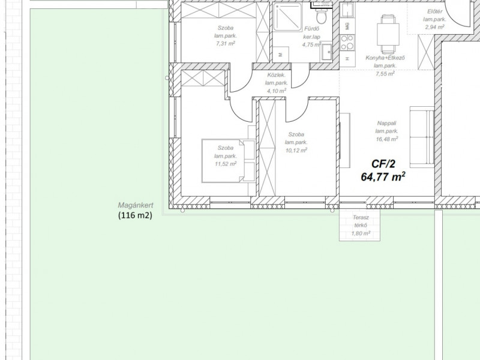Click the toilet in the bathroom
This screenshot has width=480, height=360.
(321, 14)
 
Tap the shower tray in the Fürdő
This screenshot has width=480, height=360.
(287, 17)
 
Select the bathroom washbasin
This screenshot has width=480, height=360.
(326, 52)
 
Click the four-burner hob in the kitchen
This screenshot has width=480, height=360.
(347, 42)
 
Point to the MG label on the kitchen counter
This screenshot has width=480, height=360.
(347, 26)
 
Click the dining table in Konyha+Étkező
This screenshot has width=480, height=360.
(388, 34)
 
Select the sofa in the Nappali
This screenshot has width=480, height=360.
(422, 137)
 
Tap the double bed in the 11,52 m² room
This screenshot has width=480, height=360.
(229, 161)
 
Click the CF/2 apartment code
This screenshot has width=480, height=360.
(383, 164)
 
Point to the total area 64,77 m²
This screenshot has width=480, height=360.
(383, 176)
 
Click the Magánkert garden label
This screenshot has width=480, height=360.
(136, 205)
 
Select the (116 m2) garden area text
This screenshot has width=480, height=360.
(136, 215)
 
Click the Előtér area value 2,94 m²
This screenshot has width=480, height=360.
(434, 27)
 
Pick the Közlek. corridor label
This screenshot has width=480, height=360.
(277, 74)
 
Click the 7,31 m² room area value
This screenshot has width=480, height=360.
(226, 43)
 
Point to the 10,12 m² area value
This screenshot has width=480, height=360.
(296, 151)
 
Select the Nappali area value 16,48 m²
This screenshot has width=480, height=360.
(387, 139)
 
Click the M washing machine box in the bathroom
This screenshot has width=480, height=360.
(281, 55)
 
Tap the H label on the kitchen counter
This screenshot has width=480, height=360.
(347, 58)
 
